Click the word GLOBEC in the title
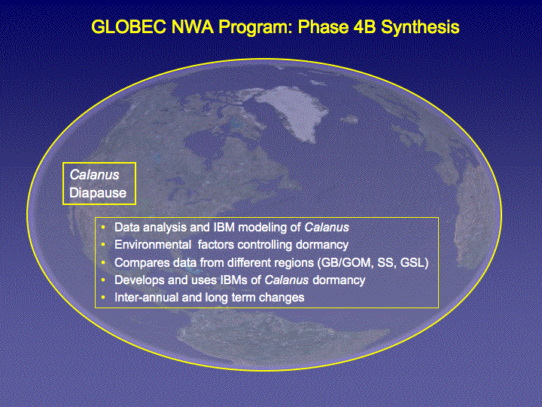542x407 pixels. [x=129, y=26]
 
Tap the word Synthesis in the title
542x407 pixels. [x=420, y=27]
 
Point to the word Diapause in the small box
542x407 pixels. [x=98, y=193]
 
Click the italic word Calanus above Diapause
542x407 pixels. [x=94, y=175]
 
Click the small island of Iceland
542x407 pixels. [x=349, y=120]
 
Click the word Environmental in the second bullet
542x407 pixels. [x=153, y=245]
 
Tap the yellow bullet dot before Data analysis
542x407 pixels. [x=103, y=227]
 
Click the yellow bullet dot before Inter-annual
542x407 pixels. [x=103, y=297]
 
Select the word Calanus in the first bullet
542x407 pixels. [x=327, y=228]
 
